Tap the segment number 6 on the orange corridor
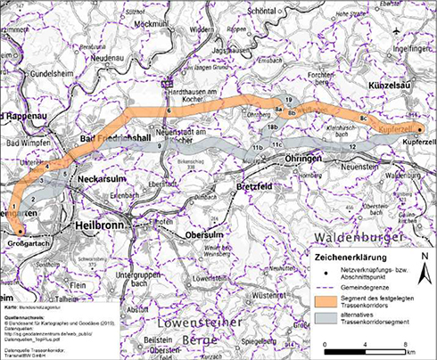pyautogui.click(x=168, y=110)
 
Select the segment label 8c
pyautogui.click(x=363, y=117)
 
